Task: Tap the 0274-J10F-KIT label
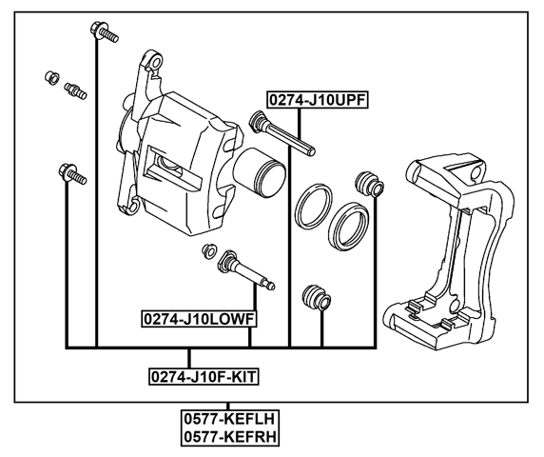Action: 204,376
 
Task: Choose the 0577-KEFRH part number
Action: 231,436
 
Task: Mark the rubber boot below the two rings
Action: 315,298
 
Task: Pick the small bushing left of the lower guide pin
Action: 206,251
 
